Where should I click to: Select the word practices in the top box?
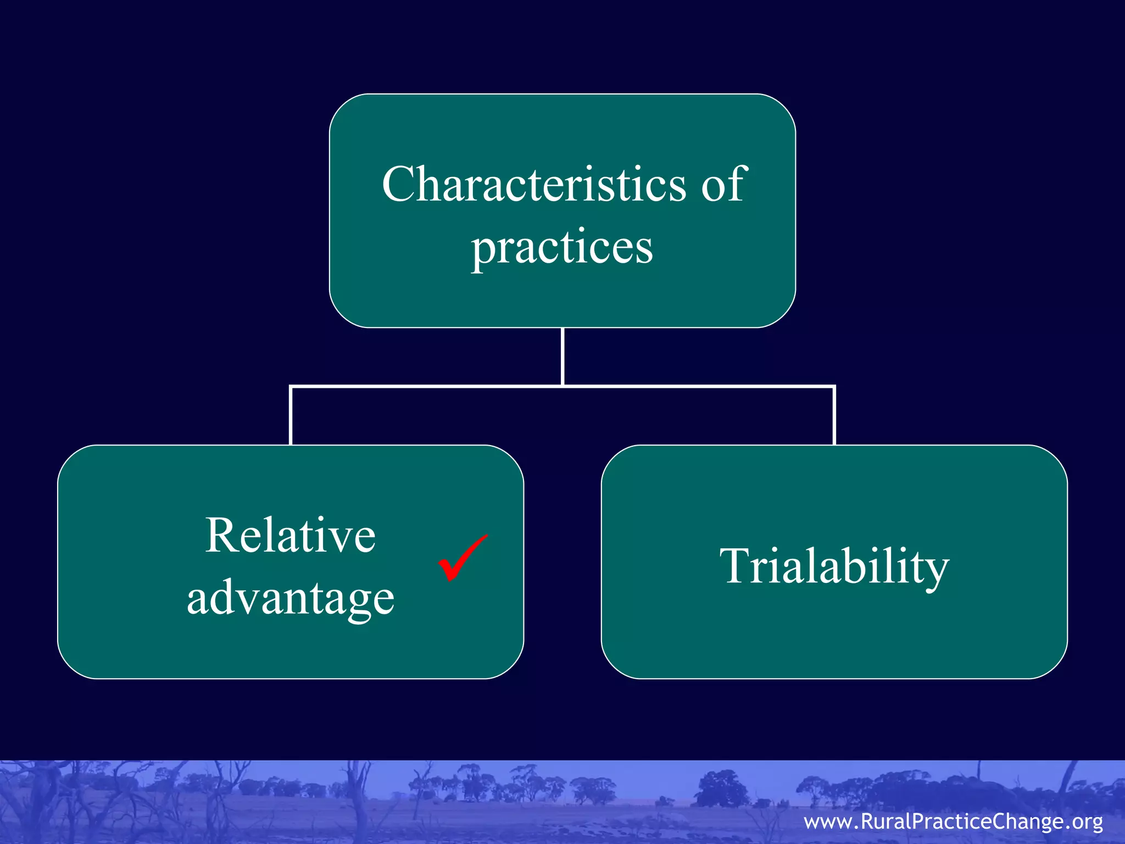[562, 247]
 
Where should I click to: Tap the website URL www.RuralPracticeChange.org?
[953, 821]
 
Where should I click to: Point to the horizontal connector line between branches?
[428, 387]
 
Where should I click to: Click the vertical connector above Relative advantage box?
[291, 417]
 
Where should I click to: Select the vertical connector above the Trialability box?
[834, 417]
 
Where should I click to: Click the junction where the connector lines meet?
[563, 387]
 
